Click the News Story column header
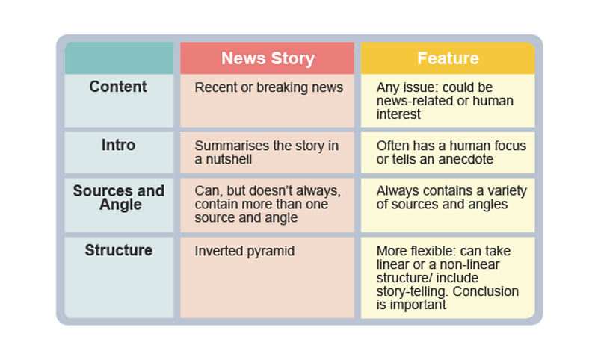click(268, 58)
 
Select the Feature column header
click(448, 58)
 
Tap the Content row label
click(118, 87)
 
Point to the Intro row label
click(118, 145)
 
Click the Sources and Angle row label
click(118, 197)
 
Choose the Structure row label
click(118, 250)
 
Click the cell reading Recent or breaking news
click(268, 87)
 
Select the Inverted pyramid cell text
click(244, 251)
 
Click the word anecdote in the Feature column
click(463, 160)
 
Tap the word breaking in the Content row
click(285, 87)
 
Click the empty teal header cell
click(119, 58)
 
